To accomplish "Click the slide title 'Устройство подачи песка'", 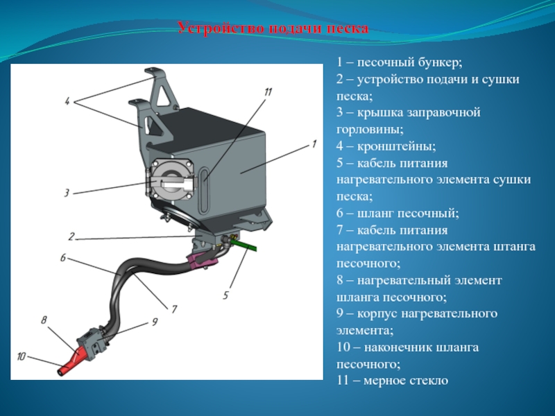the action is [x=273, y=28].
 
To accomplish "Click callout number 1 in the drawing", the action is [x=314, y=144].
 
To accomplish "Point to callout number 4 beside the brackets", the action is [x=68, y=102].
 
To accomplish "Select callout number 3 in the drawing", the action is [x=66, y=193].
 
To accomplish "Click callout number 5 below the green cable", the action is [x=225, y=295].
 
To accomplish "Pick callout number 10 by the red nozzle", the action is [x=22, y=356].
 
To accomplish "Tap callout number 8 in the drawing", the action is [x=44, y=320].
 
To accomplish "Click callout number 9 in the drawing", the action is [x=155, y=322].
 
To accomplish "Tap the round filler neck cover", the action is [x=170, y=178].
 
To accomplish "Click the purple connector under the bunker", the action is [x=202, y=260].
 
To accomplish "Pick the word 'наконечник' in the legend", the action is [x=398, y=347].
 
